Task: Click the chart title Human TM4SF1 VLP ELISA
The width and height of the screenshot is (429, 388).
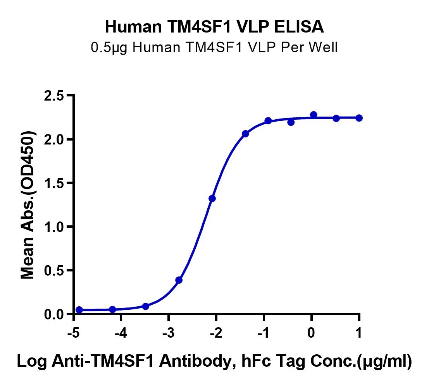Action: [214, 27]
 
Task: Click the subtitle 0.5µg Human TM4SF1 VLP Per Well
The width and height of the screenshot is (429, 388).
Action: [214, 48]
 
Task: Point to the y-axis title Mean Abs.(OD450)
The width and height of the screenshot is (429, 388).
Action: [28, 204]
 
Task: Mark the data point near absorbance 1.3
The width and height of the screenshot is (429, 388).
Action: [212, 199]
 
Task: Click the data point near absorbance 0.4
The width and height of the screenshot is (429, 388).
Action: [179, 280]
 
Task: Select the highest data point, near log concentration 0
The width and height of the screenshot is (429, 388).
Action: [314, 115]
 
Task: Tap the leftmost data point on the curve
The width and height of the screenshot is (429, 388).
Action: [79, 310]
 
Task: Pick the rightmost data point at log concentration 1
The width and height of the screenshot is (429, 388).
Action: [359, 118]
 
